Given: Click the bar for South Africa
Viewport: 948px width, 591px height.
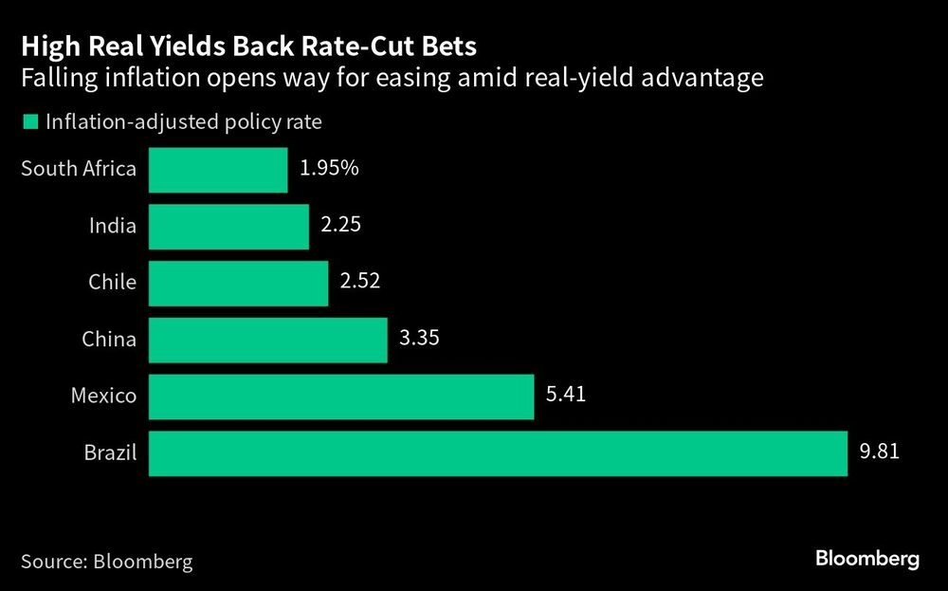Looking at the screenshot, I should [218, 170].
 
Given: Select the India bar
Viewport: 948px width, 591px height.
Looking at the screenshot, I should [228, 227].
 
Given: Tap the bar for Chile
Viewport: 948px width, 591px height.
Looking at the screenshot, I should [238, 283].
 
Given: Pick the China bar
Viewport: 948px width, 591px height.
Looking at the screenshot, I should [267, 340].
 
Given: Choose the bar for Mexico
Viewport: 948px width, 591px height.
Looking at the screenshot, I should [341, 397].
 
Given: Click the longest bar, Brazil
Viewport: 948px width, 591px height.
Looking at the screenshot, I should [497, 452].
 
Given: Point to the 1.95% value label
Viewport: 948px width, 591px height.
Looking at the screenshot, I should [329, 168].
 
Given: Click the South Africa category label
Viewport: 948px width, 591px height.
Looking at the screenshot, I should [79, 170].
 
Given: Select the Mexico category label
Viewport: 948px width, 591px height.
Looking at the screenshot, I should [103, 397].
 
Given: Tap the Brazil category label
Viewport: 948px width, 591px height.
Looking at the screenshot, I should [110, 452].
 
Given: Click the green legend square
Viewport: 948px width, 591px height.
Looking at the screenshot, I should [28, 122].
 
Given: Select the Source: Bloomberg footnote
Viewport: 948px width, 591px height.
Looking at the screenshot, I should [106, 561].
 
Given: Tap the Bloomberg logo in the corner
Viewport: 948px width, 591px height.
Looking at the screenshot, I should [866, 559].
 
